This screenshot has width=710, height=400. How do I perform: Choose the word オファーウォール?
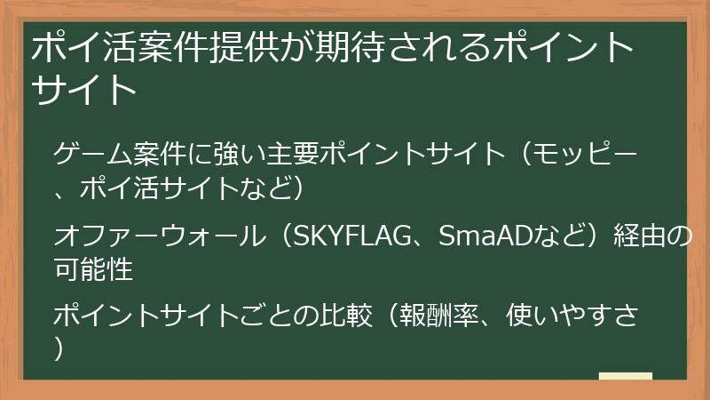tap(159, 236)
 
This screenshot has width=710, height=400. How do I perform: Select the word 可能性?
tap(93, 269)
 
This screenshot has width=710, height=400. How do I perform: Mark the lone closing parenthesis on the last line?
tap(60, 349)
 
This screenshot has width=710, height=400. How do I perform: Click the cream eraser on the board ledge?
tap(626, 377)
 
